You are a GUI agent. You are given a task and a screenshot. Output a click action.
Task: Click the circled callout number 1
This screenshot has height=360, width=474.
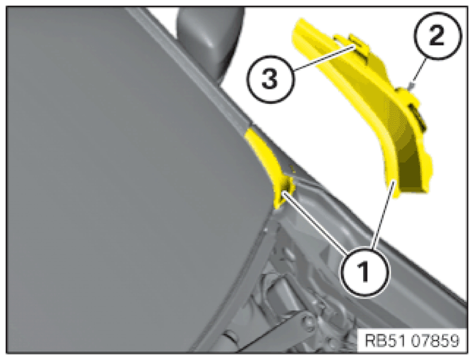coord(365,272)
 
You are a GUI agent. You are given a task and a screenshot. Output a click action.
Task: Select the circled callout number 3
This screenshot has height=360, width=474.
coord(270,78)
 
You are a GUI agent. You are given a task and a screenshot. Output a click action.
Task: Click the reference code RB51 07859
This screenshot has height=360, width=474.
coord(413,341)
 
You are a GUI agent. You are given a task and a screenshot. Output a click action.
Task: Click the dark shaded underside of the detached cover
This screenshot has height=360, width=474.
coord(413,163)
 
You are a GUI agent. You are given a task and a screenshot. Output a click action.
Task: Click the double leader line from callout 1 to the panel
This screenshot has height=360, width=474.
coord(314,222)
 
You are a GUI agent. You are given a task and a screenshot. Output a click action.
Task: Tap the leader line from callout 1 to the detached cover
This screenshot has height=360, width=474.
coord(383,215)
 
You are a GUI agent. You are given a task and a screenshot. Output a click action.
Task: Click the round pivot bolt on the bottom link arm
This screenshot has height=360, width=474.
coord(307,321)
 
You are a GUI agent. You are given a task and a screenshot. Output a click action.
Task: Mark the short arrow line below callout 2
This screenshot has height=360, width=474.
coord(419,73)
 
